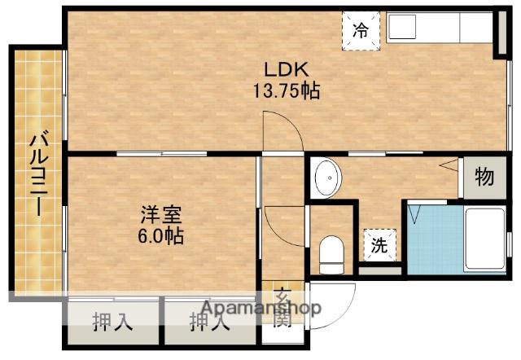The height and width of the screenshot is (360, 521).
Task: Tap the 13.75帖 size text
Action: (x=284, y=90)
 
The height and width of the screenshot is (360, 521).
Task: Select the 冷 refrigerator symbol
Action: (x=361, y=32)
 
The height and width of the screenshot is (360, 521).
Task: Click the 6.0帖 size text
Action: (x=159, y=237)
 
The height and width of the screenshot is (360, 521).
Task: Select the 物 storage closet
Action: (x=483, y=177)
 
